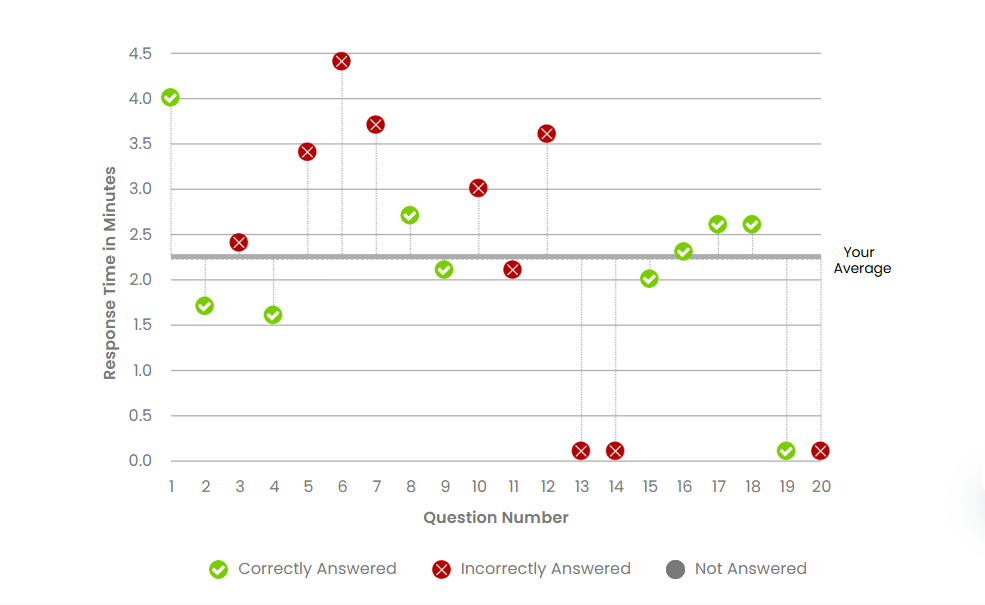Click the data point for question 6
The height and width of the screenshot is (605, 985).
click(x=341, y=61)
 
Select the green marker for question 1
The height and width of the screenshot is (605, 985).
click(x=170, y=97)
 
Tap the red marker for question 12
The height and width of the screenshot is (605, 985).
click(x=546, y=134)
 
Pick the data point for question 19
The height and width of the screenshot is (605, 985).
click(x=786, y=451)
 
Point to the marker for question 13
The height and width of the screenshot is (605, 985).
click(x=581, y=451)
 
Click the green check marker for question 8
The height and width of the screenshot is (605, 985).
click(x=410, y=215)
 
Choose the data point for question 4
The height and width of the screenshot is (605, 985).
click(x=273, y=315)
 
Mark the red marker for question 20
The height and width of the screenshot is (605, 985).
click(x=820, y=451)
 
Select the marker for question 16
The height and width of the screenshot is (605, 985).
click(x=683, y=251)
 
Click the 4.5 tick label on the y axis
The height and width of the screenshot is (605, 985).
click(x=139, y=53)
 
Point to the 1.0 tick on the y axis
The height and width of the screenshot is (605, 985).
click(x=140, y=370)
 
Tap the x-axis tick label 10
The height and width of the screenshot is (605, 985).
click(x=479, y=487)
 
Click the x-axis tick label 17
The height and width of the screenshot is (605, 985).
click(x=718, y=487)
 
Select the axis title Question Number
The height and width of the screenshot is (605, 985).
click(x=495, y=518)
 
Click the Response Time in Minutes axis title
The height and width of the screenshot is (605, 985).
click(x=110, y=273)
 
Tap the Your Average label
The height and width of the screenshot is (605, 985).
click(x=861, y=260)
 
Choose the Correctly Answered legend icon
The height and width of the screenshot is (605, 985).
click(x=218, y=569)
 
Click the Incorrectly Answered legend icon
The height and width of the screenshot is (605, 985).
click(x=441, y=569)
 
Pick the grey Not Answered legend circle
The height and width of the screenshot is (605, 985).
click(x=676, y=569)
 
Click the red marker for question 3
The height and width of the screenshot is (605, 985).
click(x=238, y=242)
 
